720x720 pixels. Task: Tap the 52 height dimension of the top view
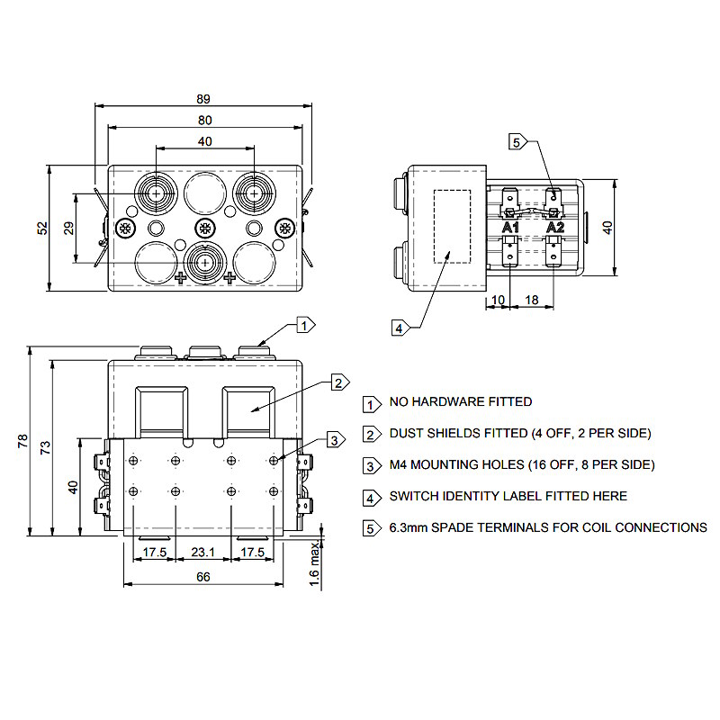tap(42, 229)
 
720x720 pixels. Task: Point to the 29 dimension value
tap(69, 229)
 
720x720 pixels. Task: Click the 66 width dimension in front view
tap(204, 577)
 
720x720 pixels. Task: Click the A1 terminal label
tap(510, 228)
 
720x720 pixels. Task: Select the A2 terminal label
tap(555, 228)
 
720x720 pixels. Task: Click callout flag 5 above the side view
tap(517, 141)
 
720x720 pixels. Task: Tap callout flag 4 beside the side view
tap(399, 328)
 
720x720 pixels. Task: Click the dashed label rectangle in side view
tap(453, 226)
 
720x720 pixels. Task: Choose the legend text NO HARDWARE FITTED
tap(460, 402)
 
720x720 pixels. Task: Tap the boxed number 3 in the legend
tap(370, 465)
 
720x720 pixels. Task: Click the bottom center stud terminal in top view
tap(205, 262)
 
